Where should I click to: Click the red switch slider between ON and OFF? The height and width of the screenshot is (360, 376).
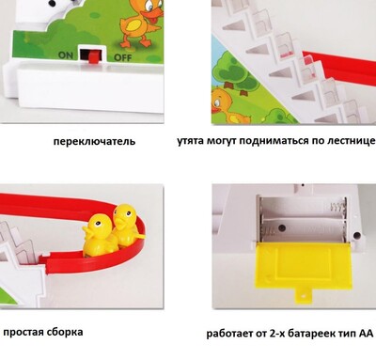[x=93, y=56]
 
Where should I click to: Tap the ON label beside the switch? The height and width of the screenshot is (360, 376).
[x=66, y=55]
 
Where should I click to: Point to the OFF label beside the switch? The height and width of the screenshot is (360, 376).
[x=122, y=57]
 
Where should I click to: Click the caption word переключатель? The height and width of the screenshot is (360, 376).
[x=94, y=141]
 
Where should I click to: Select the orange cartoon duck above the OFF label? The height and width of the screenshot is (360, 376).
[x=140, y=23]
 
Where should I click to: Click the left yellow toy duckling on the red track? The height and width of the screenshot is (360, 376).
[x=98, y=236]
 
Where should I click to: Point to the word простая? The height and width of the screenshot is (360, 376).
[x=23, y=332]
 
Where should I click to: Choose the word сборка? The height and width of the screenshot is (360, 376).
[x=66, y=332]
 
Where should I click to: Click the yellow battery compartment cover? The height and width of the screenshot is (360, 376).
[x=286, y=270]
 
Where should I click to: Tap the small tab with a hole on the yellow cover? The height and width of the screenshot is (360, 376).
[x=303, y=296]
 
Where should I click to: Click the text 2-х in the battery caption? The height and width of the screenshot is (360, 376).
[x=277, y=334]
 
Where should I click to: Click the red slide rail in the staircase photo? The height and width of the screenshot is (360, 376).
[x=339, y=68]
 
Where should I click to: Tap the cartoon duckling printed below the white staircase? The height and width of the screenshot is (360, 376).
[x=227, y=105]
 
